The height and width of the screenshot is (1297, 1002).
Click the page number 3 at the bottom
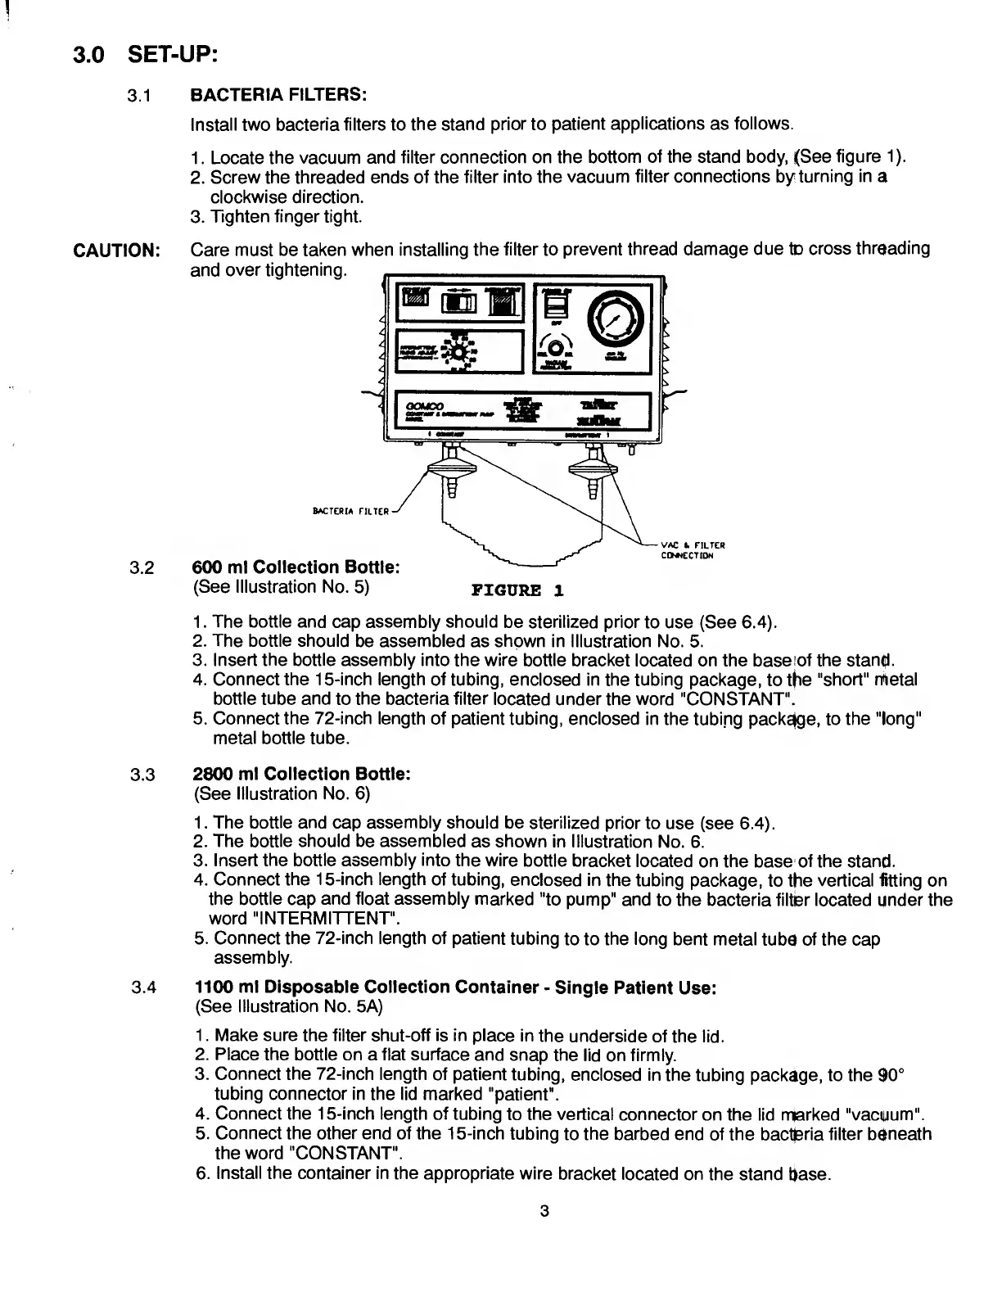point(543,1211)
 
